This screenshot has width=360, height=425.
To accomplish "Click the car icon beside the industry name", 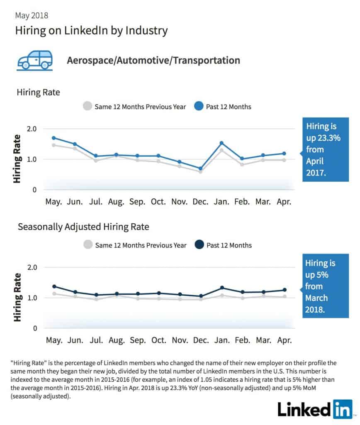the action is coord(35,61).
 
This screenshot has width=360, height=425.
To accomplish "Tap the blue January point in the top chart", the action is coord(221,143).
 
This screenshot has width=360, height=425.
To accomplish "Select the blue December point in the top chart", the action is coord(200,169).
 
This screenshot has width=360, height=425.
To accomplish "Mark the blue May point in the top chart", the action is coord(54,138).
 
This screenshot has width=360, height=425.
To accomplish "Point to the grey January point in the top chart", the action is coord(221,150).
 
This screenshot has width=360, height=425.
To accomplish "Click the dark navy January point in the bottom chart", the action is coord(222,288).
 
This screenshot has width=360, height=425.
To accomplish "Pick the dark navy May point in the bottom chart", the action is coord(54,286).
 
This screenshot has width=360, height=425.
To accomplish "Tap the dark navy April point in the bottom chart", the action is coord(285,290).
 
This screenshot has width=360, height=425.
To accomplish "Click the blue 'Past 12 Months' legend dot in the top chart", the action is coord(199,106).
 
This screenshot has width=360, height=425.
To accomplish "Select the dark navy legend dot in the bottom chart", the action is coord(199,244).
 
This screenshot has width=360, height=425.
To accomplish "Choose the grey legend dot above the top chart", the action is coord(88,106).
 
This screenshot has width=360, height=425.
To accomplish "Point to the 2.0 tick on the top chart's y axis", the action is coord(32,129).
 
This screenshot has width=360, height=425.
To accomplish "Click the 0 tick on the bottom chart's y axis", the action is coord(35,329).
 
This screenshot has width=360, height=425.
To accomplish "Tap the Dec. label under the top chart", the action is coord(200,202).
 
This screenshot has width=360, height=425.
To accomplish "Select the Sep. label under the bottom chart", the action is coord(138,340).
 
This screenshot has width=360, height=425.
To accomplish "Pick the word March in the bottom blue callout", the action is coord(316,298).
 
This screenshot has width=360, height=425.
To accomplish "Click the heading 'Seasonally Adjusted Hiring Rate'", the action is coord(83,227).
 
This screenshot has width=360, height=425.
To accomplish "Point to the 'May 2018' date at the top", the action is coord(32,15).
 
